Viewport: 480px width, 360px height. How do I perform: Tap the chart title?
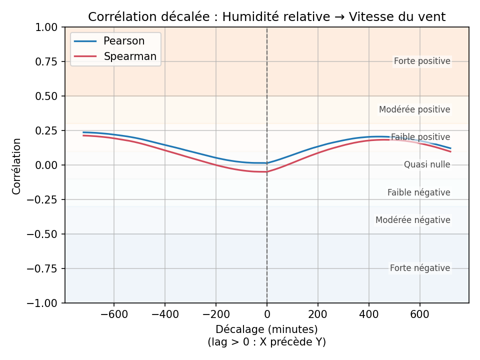tap(266, 17)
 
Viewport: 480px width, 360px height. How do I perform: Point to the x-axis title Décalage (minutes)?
tap(266, 329)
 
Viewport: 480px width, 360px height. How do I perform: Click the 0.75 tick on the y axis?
tap(46, 61)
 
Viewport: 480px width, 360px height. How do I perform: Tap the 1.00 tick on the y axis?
tap(46, 27)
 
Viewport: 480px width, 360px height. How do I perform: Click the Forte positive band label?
tap(422, 61)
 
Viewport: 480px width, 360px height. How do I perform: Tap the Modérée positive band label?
tap(414, 110)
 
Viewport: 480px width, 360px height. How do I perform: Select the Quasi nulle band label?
tap(427, 165)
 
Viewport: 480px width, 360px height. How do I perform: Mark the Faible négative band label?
tap(419, 193)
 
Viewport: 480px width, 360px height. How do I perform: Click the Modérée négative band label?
tap(413, 220)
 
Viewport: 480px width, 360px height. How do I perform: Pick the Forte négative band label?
tap(420, 268)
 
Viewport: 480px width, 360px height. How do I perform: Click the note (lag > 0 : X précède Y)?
tap(266, 342)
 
